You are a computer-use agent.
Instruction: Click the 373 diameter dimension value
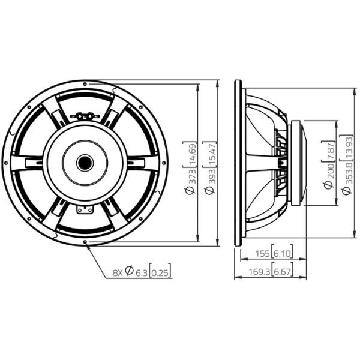point(191,176)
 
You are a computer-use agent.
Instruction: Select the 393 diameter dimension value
point(211,176)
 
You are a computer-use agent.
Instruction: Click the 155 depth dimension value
point(263,254)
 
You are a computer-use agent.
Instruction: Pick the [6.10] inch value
point(282,253)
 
